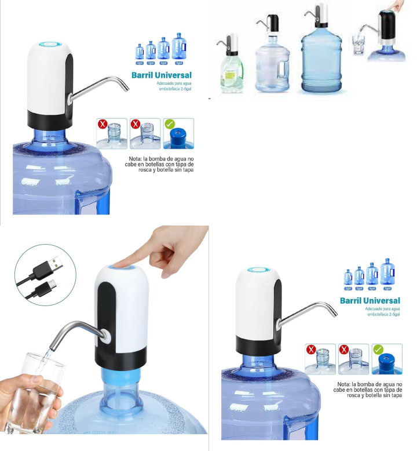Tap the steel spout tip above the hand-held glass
(x=50, y=345)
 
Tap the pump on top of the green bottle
(x=231, y=43)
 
